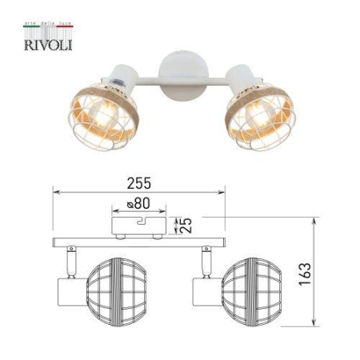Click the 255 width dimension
pos(140,183)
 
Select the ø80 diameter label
pos(139,204)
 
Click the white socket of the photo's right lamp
pos(238,78)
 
